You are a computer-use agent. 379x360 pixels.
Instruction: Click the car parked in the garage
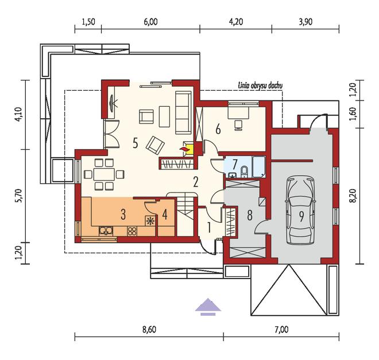(300, 210)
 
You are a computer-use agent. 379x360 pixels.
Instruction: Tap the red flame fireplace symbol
(184, 149)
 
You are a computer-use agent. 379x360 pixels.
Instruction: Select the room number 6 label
(218, 130)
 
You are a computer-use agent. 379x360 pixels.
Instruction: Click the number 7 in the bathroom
(234, 164)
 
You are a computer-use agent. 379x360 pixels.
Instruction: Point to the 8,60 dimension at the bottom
(149, 330)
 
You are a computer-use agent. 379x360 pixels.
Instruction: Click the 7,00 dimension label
(281, 330)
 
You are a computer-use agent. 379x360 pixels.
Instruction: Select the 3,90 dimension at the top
(305, 22)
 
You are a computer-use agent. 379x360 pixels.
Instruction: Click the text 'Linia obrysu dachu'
(260, 86)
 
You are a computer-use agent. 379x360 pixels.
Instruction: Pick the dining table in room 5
(104, 174)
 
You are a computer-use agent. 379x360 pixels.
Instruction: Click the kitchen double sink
(106, 231)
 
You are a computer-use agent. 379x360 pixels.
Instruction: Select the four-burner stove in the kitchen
(132, 231)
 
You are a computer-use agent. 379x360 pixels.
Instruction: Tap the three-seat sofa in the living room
(183, 113)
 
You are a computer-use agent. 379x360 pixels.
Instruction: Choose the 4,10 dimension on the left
(19, 114)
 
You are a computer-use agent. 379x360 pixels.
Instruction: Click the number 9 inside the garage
(301, 216)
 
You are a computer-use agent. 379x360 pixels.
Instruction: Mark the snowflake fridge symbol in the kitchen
(150, 221)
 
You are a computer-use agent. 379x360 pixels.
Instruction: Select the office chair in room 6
(238, 125)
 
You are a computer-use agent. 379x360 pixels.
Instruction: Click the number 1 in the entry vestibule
(210, 227)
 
